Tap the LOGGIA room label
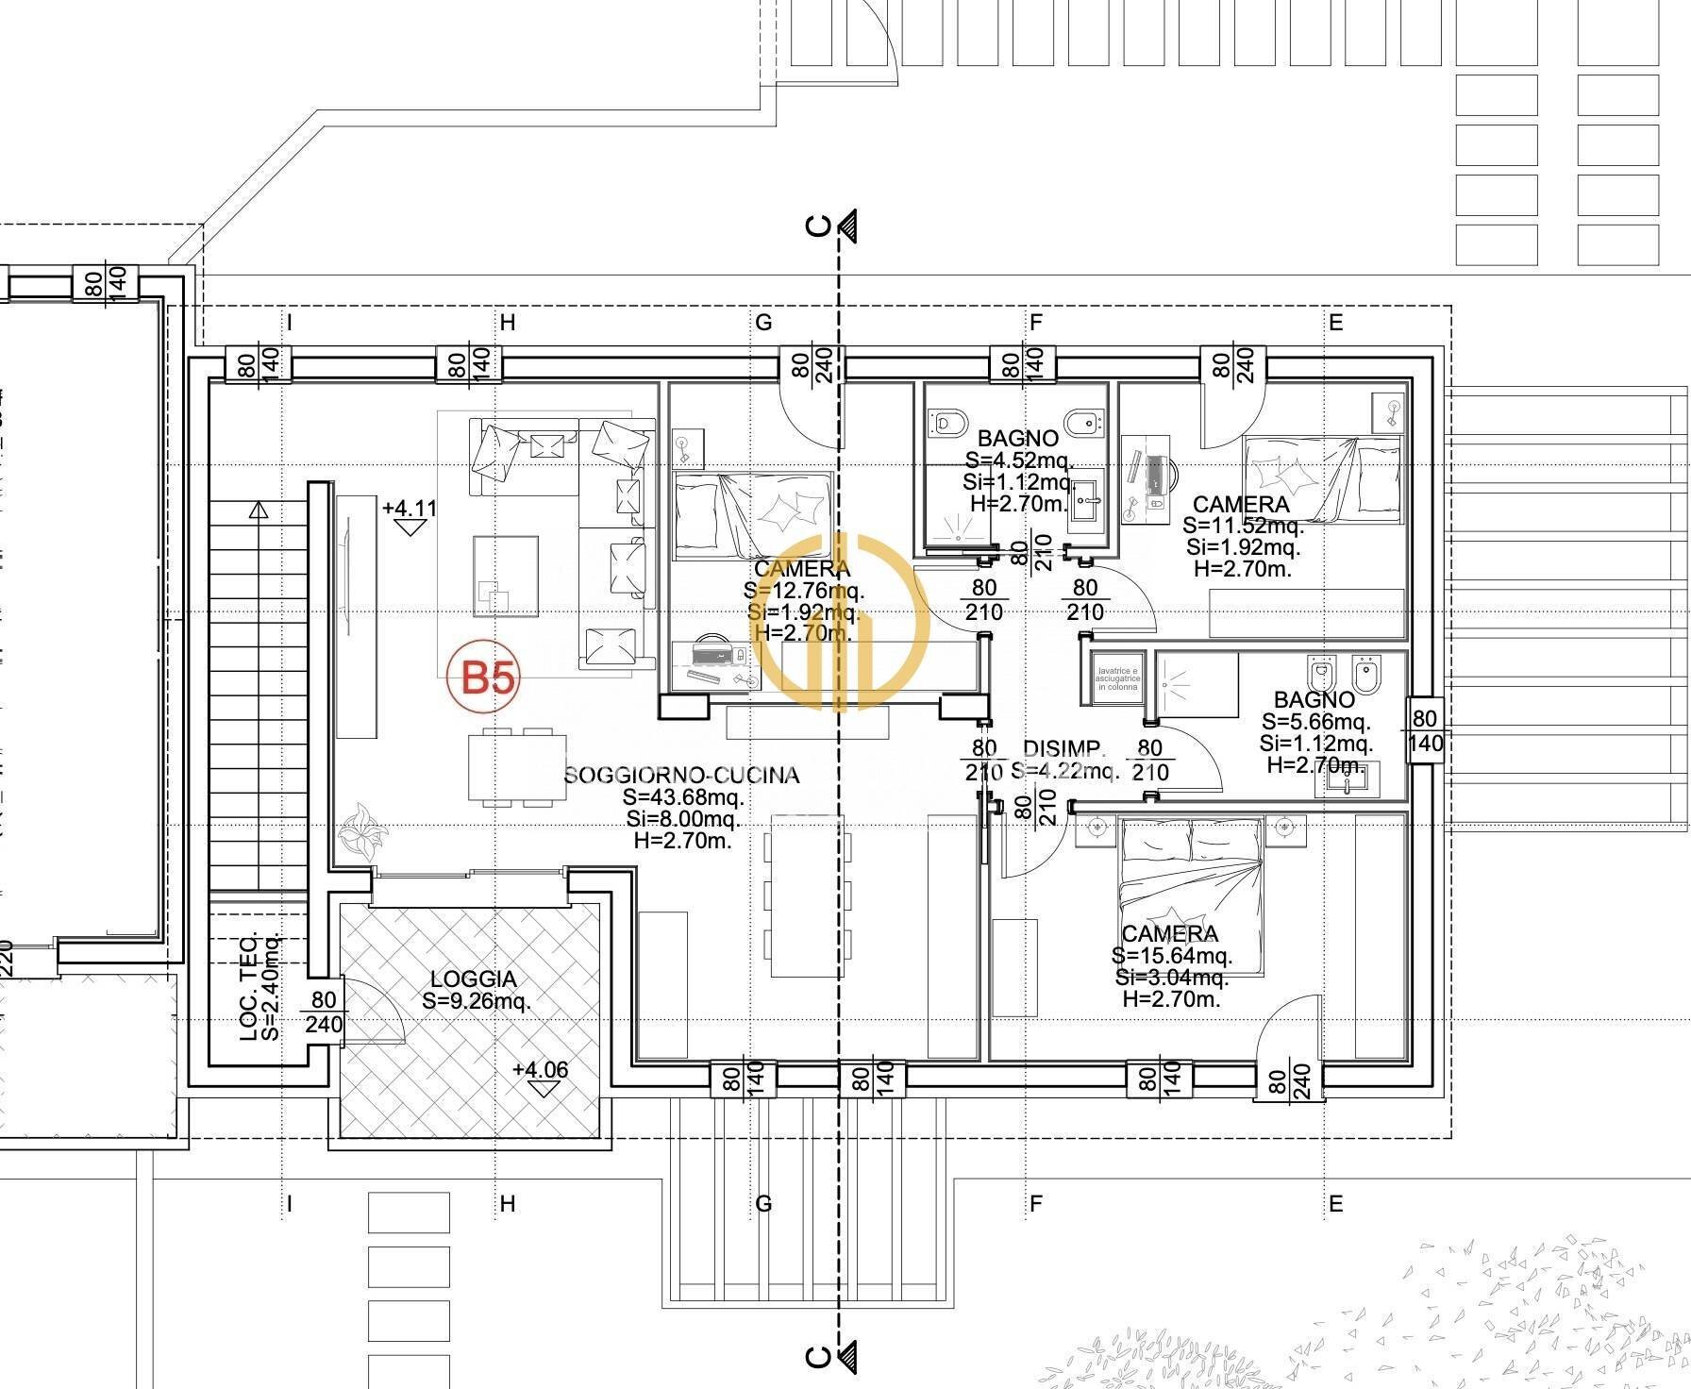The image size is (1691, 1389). click(474, 980)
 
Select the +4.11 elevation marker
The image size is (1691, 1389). click(409, 509)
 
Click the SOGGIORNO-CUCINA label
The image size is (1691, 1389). click(681, 776)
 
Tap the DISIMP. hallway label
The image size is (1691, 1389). click(1063, 748)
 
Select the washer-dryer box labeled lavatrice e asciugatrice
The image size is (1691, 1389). click(1117, 680)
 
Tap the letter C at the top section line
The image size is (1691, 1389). click(819, 226)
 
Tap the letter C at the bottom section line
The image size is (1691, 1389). click(819, 1356)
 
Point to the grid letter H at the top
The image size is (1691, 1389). click(508, 324)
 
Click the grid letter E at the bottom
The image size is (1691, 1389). click(1335, 1204)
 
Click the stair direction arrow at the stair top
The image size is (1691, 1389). click(259, 511)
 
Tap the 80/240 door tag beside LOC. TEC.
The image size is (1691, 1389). click(323, 1012)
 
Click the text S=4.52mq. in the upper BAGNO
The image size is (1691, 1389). click(1017, 460)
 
